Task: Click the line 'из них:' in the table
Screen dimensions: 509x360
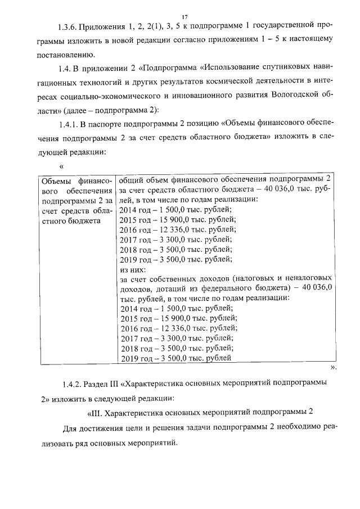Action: click(x=133, y=268)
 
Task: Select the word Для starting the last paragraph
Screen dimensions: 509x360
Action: click(x=70, y=427)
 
